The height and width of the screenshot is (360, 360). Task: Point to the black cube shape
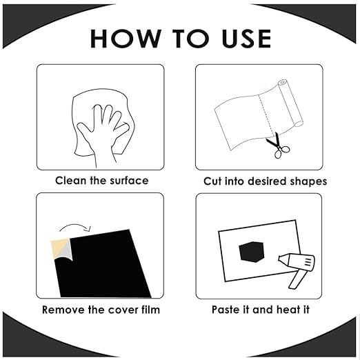coord(252,252)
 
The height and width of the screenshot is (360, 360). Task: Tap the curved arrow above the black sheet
coord(75,226)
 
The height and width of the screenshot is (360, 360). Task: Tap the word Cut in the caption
coord(212,181)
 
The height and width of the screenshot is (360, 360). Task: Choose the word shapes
coord(308,182)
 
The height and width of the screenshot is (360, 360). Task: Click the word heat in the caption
coord(288,310)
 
